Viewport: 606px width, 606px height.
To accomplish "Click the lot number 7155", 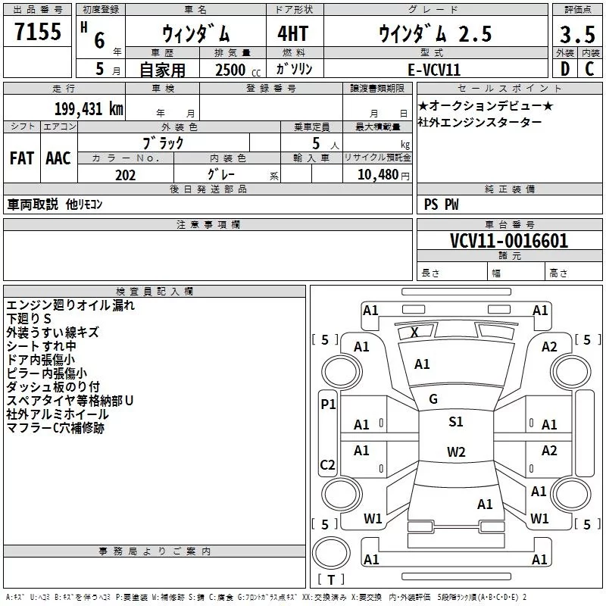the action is [x=38, y=31].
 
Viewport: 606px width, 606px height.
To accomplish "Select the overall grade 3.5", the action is [x=577, y=34].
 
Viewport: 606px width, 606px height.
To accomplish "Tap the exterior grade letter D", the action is [x=565, y=69].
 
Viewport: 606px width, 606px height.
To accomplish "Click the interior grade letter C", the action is [x=589, y=69].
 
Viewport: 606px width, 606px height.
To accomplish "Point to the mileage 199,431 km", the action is [x=89, y=108].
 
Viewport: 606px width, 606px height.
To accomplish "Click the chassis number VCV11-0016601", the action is [x=509, y=241].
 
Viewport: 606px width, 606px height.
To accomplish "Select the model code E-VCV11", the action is [x=434, y=70].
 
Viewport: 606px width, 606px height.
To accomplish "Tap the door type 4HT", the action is [x=292, y=33].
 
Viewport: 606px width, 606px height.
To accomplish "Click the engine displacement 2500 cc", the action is [x=238, y=70].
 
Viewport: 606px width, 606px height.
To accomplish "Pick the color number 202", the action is [x=126, y=175].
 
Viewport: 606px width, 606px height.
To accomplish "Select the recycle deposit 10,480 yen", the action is [x=383, y=175].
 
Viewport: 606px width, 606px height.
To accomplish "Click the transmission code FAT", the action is [x=22, y=158].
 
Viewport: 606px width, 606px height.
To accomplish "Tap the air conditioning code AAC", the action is [x=58, y=158].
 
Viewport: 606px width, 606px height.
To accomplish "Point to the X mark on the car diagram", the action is [x=414, y=332].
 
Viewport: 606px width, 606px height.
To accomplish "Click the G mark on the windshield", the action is [x=433, y=399].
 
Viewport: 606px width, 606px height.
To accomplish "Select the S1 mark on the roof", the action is [x=456, y=422].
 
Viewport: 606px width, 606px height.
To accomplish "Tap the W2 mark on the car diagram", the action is [x=456, y=451].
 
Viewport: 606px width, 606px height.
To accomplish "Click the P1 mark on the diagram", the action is [x=328, y=405].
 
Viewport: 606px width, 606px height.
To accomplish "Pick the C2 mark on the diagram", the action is [x=327, y=464].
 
